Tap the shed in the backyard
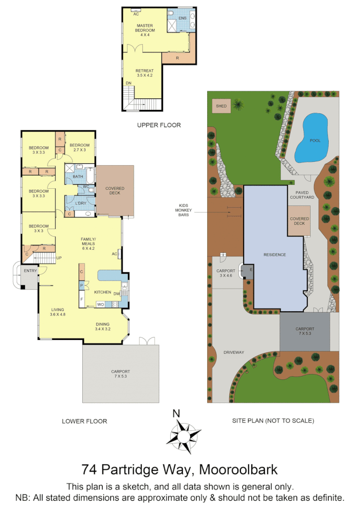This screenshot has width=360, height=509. (x=221, y=106)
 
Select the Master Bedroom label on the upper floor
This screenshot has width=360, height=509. (x=145, y=30)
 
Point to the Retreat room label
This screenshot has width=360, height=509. (x=144, y=73)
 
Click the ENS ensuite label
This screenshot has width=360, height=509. (x=182, y=18)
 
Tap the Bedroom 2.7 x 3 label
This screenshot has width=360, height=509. (x=79, y=148)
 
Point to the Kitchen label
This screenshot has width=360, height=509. (x=102, y=292)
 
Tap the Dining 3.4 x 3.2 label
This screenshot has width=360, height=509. (x=102, y=327)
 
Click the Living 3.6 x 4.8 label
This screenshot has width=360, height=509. (x=57, y=312)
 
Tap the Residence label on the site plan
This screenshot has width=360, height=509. (x=274, y=254)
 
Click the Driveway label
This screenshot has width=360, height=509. (x=234, y=352)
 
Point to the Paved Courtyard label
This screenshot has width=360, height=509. (x=302, y=194)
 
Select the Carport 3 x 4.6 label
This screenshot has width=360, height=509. (x=225, y=273)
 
